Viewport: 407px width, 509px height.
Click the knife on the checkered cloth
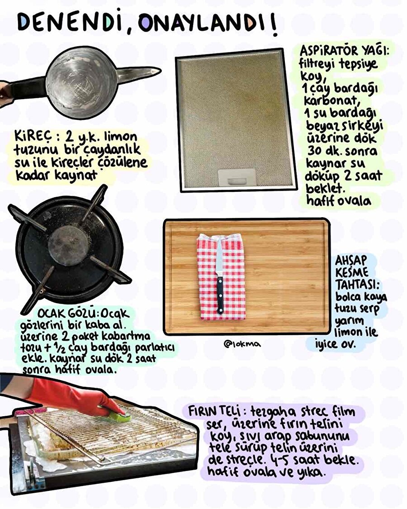click(x=220, y=276)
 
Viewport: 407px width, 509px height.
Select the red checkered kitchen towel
click(x=221, y=276)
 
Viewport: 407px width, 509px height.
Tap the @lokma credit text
click(x=242, y=343)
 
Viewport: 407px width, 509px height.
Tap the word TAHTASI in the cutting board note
click(x=357, y=285)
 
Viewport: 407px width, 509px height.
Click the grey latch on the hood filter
click(x=236, y=177)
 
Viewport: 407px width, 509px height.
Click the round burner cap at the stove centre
click(x=68, y=245)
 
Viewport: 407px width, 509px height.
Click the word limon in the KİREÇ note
click(x=120, y=137)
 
